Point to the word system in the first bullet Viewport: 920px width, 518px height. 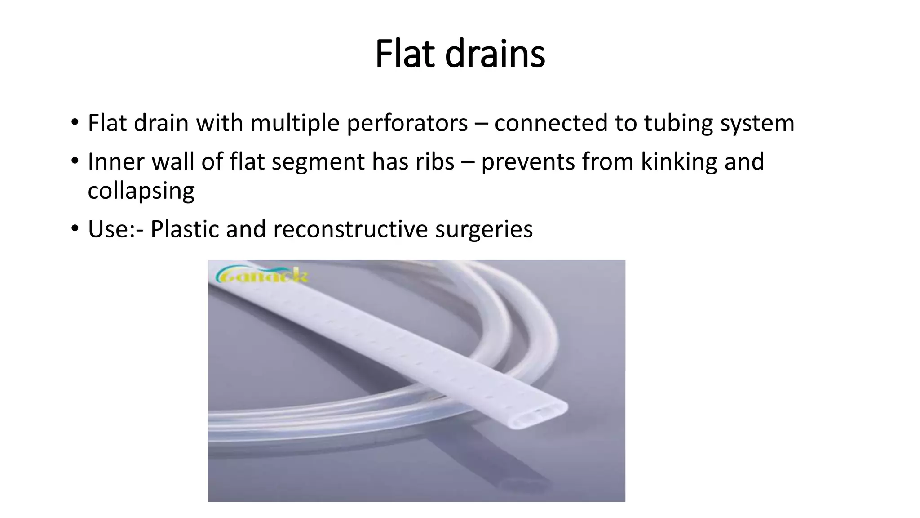tap(757, 123)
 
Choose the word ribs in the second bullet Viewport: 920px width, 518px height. tap(435, 161)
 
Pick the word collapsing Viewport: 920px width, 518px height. tap(141, 191)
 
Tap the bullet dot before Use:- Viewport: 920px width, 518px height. tap(75, 228)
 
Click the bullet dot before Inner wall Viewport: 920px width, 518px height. tap(75, 161)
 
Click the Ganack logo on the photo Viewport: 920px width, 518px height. tap(262, 275)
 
